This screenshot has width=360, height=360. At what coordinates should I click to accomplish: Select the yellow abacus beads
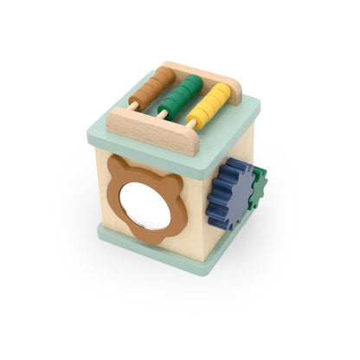click(x=211, y=104)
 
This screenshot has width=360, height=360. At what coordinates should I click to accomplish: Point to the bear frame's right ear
click(x=174, y=186)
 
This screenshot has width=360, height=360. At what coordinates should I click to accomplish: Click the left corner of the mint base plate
click(x=99, y=228)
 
